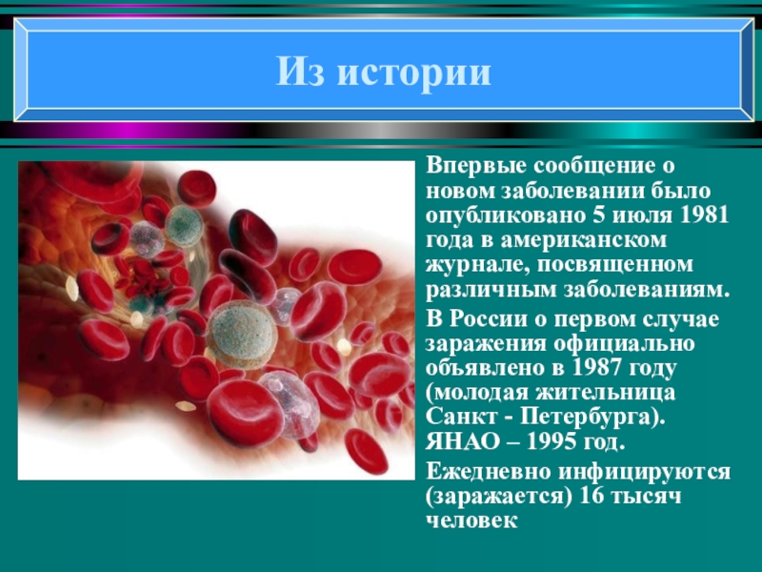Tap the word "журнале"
point(470,264)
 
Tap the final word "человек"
point(471,521)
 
